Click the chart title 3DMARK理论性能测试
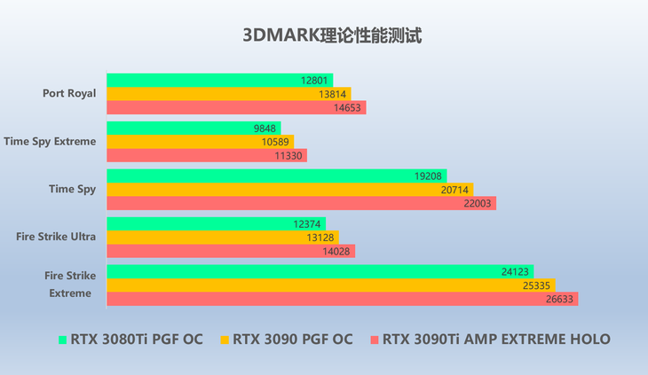click(324, 36)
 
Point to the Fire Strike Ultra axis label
click(56, 237)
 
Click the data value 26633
click(561, 299)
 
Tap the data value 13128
click(322, 237)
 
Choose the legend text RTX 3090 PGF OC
click(292, 339)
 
